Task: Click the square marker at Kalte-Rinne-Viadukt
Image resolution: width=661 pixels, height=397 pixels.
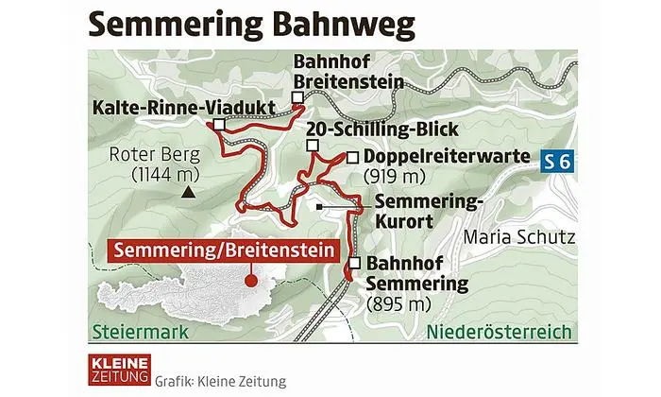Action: coord(219,124)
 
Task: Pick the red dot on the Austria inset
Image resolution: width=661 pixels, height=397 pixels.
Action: coord(250,279)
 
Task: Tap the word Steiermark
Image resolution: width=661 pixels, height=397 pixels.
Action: coord(141,334)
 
